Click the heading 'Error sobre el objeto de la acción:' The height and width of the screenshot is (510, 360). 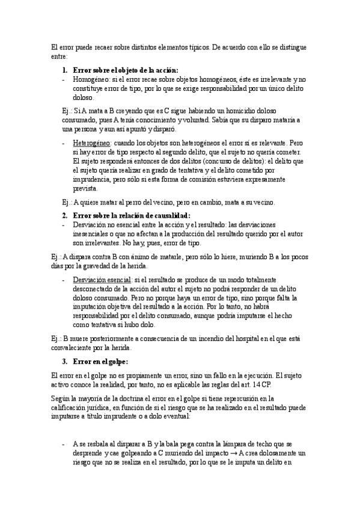click(125, 70)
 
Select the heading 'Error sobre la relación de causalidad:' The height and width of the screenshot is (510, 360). click(131, 215)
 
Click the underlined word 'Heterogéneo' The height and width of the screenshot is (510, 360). click(91, 144)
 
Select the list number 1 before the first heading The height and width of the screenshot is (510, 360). click(65, 70)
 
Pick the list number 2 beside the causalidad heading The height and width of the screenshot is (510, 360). click(65, 215)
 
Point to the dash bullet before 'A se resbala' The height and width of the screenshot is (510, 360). click(64, 444)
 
